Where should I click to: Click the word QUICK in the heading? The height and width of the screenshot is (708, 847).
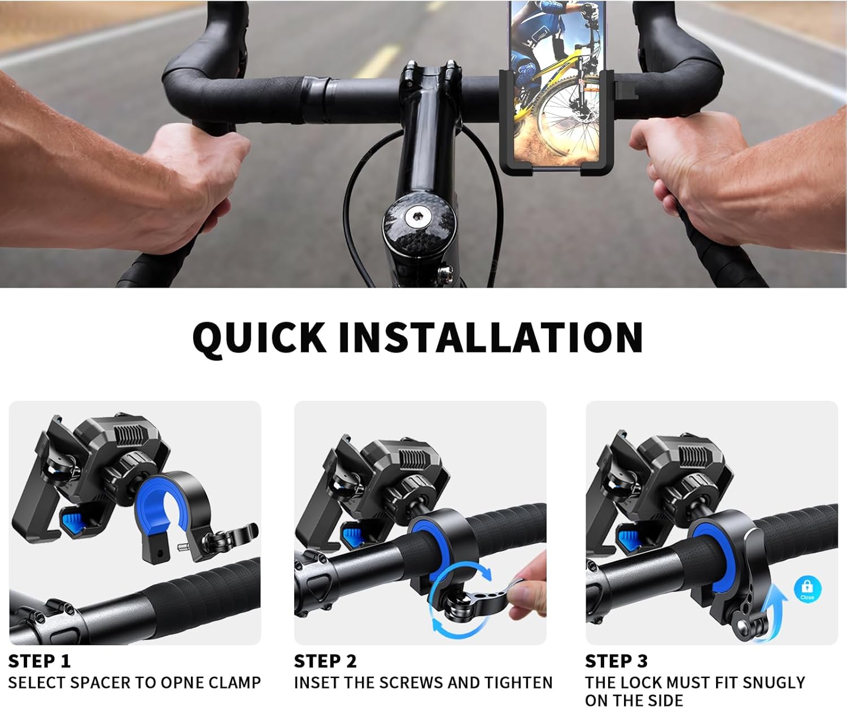coord(259,337)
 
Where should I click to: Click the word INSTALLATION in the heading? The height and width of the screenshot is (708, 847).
coord(490,337)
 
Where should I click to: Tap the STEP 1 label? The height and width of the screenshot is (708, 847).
coord(40,661)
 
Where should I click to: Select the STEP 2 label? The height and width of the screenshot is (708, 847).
coord(325,661)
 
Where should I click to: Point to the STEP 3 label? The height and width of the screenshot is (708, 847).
coord(616,661)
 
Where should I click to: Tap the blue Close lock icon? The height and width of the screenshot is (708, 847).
coord(807,589)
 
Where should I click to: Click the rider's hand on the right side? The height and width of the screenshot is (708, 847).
coord(695,170)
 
